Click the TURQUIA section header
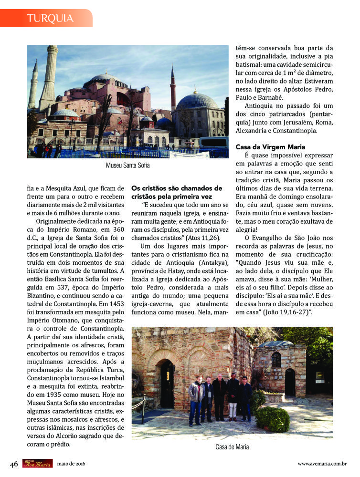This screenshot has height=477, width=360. pyautogui.click(x=50, y=19)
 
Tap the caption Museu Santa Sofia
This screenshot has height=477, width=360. pyautogui.click(x=127, y=166)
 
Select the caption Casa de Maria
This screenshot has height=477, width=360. pyautogui.click(x=232, y=447)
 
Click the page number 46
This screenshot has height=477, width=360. pyautogui.click(x=14, y=464)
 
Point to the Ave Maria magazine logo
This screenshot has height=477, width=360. pyautogui.click(x=37, y=463)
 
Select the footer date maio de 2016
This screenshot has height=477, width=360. pyautogui.click(x=71, y=464)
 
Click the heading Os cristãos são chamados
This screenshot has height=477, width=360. pyautogui.click(x=177, y=188)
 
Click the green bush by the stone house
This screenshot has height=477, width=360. pyautogui.click(x=273, y=418)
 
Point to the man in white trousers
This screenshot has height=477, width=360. pyautogui.click(x=233, y=396)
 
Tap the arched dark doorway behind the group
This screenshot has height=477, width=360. pyautogui.click(x=168, y=382)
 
